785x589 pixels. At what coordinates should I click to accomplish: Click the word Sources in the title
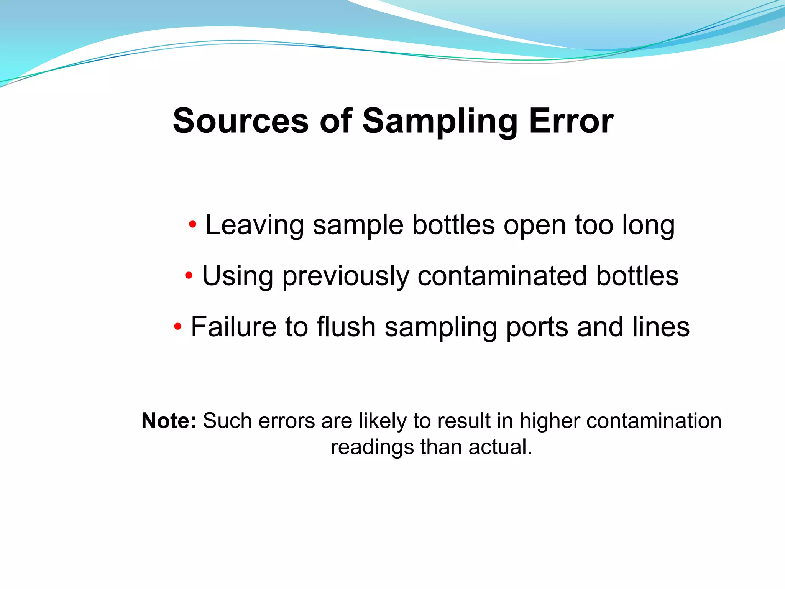[241, 121]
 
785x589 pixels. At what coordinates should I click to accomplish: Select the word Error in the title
[571, 121]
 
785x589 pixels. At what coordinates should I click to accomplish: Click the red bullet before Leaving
[193, 224]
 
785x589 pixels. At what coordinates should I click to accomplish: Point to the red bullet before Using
[189, 275]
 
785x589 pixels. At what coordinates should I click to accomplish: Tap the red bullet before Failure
[177, 327]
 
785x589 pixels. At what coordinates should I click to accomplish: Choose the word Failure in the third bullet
[233, 327]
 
